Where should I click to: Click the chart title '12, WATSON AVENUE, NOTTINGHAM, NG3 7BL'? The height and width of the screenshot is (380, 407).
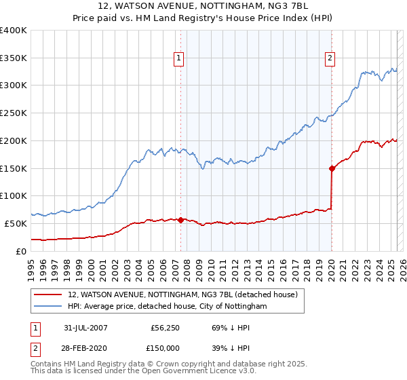click(203, 7)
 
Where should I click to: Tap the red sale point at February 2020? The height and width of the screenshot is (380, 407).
click(332, 168)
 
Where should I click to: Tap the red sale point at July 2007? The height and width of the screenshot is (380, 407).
click(181, 220)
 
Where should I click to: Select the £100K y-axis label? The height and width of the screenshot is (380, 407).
click(14, 195)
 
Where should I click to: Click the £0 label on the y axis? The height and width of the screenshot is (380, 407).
click(22, 251)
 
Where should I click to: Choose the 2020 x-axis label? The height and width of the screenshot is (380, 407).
click(331, 267)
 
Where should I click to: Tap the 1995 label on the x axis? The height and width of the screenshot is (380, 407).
click(31, 267)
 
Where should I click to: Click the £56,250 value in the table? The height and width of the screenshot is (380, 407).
click(163, 328)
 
